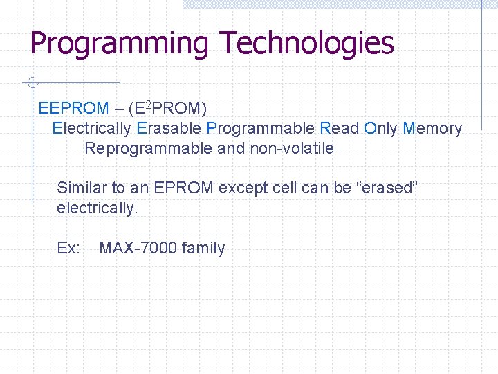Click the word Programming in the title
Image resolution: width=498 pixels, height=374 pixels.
[x=118, y=43]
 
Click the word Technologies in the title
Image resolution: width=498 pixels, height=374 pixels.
[x=306, y=43]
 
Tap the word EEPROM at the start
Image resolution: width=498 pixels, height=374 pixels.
[x=74, y=108]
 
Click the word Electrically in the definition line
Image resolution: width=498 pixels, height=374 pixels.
[x=91, y=128]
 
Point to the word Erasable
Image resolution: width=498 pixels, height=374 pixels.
[x=169, y=128]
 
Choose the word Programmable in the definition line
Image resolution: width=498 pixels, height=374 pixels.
[x=260, y=129]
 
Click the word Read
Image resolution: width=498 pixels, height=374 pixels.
[x=340, y=128]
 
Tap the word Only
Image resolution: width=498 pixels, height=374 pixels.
[x=380, y=129]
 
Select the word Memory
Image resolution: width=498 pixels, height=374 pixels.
[x=432, y=129]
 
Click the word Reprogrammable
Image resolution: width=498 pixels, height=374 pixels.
[x=148, y=149]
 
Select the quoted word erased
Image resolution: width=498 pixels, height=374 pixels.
[x=385, y=188]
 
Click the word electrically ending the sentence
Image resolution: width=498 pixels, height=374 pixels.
[x=98, y=208]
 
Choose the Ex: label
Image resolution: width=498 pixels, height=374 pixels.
[x=68, y=248]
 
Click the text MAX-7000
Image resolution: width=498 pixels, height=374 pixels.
[x=138, y=248]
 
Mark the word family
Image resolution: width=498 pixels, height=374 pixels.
[x=203, y=249]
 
